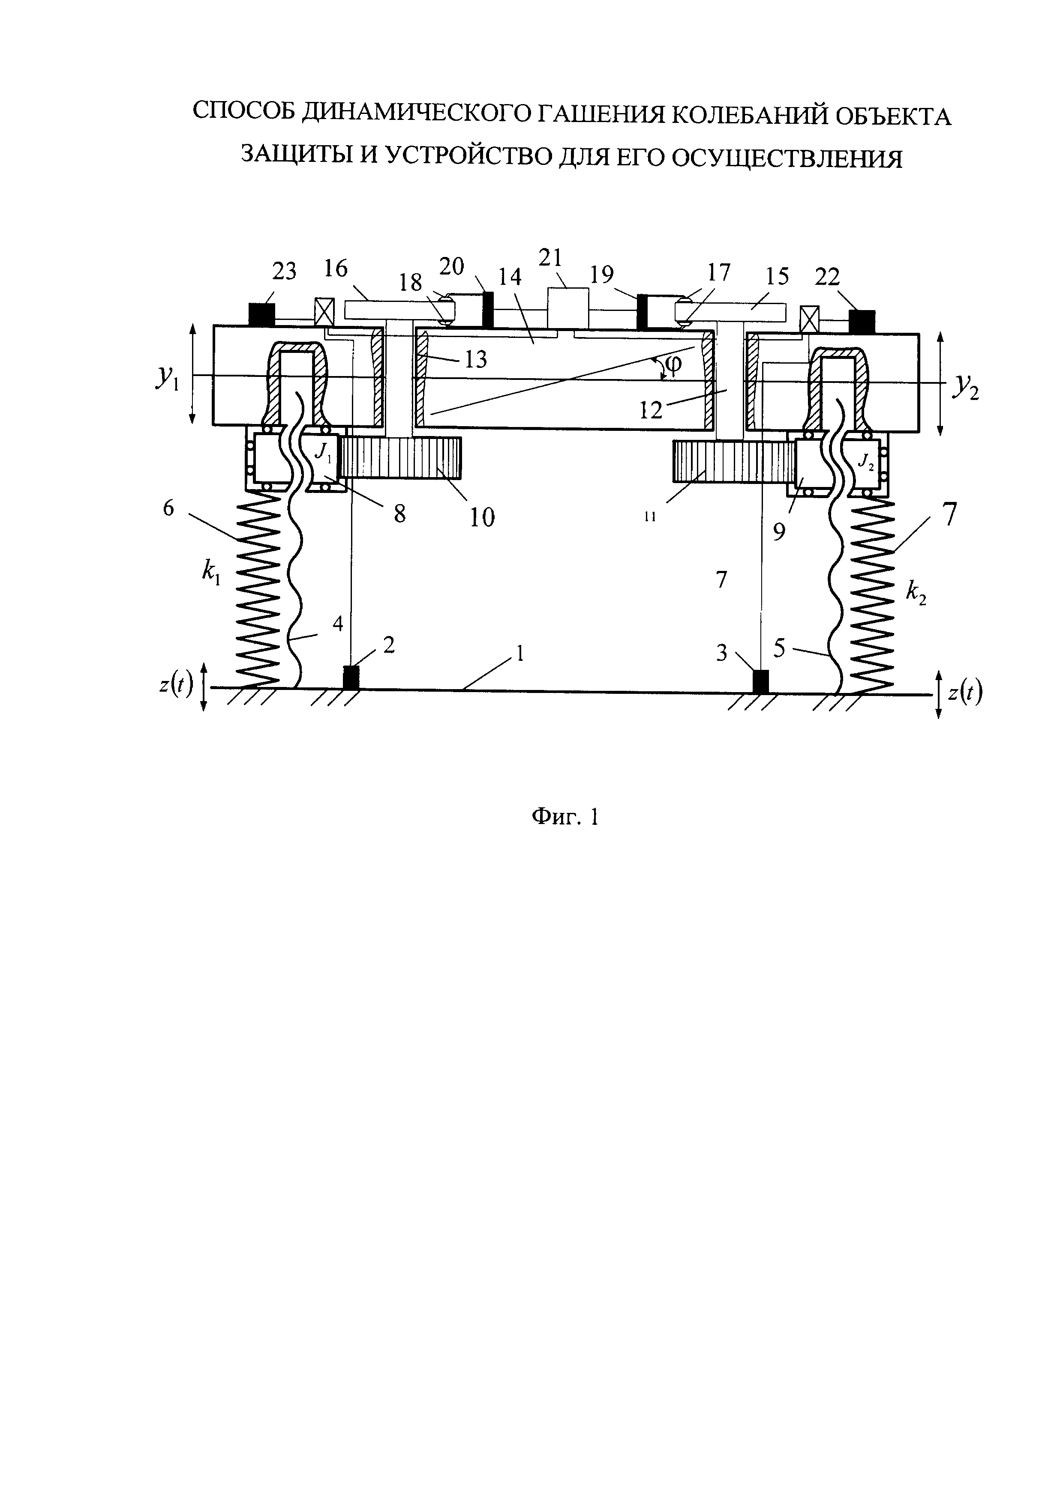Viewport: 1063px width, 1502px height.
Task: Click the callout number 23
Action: (x=283, y=270)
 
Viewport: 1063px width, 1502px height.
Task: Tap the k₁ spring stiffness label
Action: (x=211, y=573)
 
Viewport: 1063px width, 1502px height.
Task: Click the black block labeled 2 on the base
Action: (x=351, y=677)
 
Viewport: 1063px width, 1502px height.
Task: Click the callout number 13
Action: (x=476, y=359)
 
